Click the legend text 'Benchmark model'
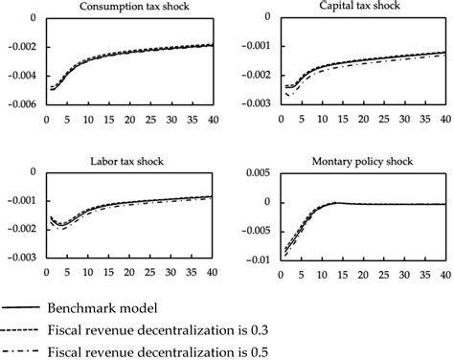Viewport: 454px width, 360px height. (x=114, y=309)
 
